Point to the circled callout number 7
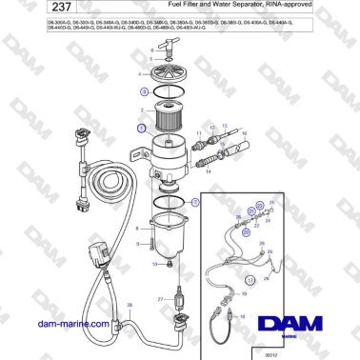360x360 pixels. (x=196, y=203)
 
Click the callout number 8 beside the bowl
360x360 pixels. (x=140, y=229)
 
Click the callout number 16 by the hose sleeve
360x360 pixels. (x=244, y=134)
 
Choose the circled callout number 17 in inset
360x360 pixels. (x=250, y=282)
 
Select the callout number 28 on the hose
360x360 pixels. (x=130, y=306)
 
